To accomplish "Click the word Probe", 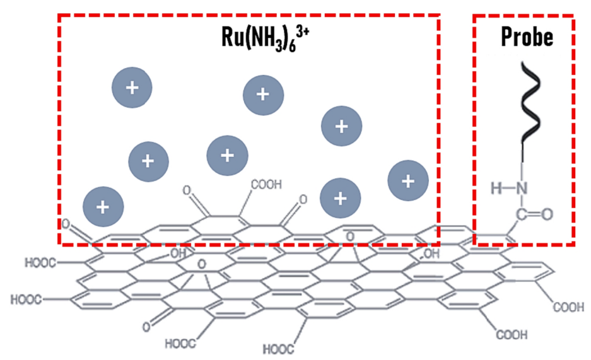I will pyautogui.click(x=527, y=37).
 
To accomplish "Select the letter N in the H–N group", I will pyautogui.click(x=521, y=187).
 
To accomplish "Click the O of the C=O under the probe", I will pyautogui.click(x=546, y=214).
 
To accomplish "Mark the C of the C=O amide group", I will pyautogui.click(x=522, y=214).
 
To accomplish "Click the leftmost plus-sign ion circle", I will pyautogui.click(x=103, y=206).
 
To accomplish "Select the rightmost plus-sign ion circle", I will pyautogui.click(x=408, y=182).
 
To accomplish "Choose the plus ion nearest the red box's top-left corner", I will pyautogui.click(x=132, y=88).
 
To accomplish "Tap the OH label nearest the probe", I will pyautogui.click(x=431, y=254).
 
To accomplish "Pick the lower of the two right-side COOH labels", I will pyautogui.click(x=512, y=335).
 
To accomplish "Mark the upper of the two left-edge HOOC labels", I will pyautogui.click(x=41, y=262).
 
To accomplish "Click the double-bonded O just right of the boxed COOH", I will pyautogui.click(x=303, y=200).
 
